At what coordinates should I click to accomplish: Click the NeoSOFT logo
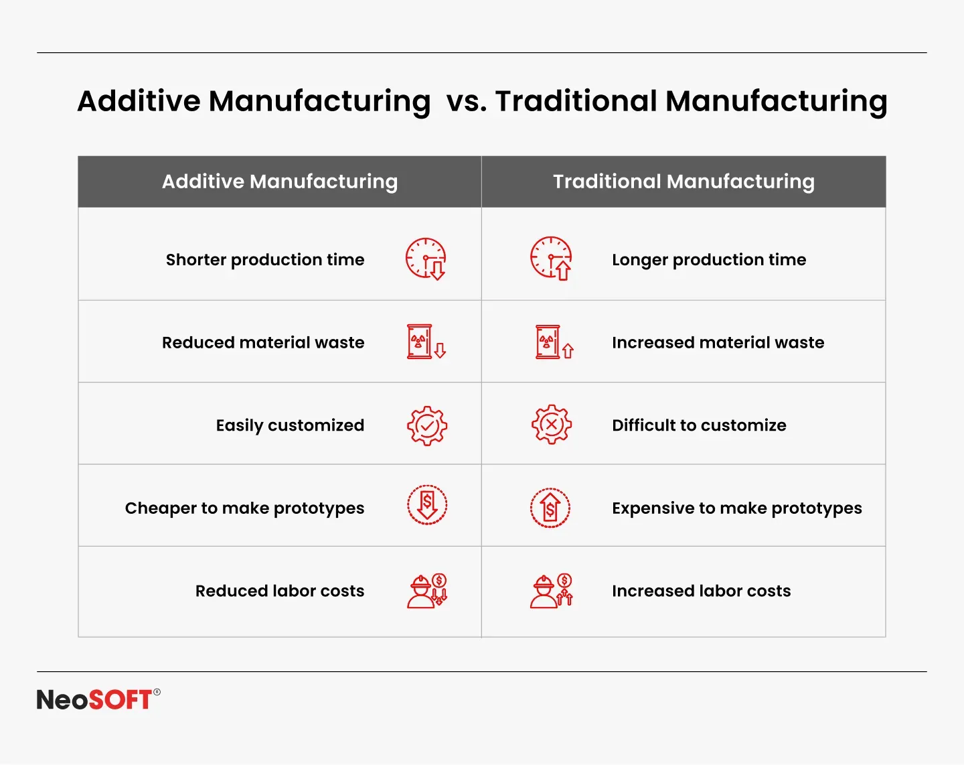pyautogui.click(x=98, y=699)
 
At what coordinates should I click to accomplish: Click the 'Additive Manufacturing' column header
pyautogui.click(x=280, y=182)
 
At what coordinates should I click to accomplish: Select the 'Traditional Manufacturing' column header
pyautogui.click(x=684, y=182)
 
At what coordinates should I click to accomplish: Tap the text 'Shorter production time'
pyautogui.click(x=265, y=259)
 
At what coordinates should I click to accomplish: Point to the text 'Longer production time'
pyautogui.click(x=709, y=259)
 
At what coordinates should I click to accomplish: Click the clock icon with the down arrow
pyautogui.click(x=426, y=259)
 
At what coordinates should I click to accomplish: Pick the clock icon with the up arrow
pyautogui.click(x=551, y=258)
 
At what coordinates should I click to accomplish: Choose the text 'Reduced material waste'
pyautogui.click(x=263, y=342)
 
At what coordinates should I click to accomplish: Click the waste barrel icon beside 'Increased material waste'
pyautogui.click(x=554, y=342)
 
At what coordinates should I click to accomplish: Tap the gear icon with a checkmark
pyautogui.click(x=427, y=425)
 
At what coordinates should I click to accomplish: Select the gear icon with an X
pyautogui.click(x=551, y=424)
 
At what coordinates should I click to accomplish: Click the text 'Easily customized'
pyautogui.click(x=290, y=425)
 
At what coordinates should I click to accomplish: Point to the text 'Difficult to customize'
pyautogui.click(x=699, y=425)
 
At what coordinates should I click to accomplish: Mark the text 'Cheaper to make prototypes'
pyautogui.click(x=244, y=508)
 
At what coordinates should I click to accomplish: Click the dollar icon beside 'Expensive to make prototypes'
pyautogui.click(x=550, y=508)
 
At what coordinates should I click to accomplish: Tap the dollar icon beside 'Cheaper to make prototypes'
pyautogui.click(x=427, y=505)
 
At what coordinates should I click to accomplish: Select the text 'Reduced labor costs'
pyautogui.click(x=280, y=591)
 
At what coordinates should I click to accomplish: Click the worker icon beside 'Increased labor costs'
pyautogui.click(x=552, y=591)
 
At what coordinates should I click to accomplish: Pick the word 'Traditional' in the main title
pyautogui.click(x=576, y=101)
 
